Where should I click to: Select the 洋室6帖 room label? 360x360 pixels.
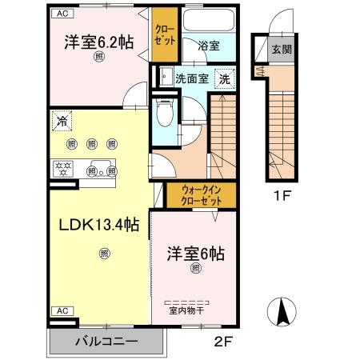[x=195, y=254]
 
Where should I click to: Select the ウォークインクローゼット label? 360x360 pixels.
[x=202, y=195]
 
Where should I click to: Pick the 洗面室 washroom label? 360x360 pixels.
[x=192, y=78]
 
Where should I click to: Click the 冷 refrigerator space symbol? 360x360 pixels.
[x=62, y=122]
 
